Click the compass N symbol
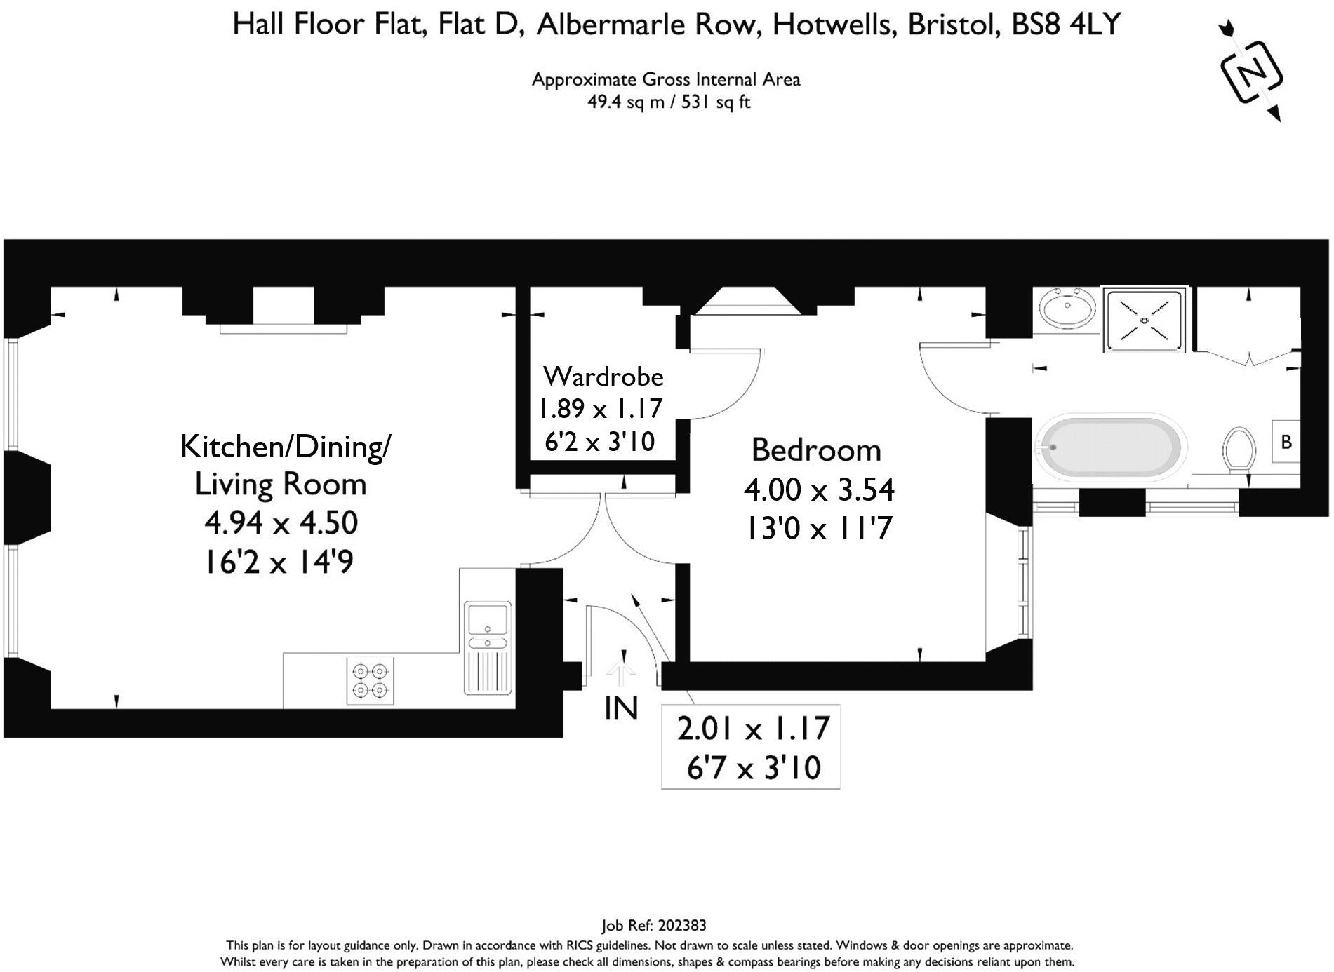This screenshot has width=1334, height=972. click(1252, 71)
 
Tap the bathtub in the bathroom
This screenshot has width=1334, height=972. click(1112, 448)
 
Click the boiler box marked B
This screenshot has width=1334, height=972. click(1286, 442)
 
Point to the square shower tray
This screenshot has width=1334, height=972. click(1145, 320)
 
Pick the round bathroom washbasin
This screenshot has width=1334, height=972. click(1067, 308)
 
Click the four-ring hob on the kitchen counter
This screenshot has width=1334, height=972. click(371, 681)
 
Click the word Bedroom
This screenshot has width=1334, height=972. click(816, 450)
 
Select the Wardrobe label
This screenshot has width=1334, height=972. click(603, 377)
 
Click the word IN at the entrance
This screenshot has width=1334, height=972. click(621, 708)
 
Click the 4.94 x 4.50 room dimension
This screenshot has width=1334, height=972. click(281, 522)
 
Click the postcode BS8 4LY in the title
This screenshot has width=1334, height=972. click(1066, 25)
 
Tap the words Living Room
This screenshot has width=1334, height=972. click(281, 484)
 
